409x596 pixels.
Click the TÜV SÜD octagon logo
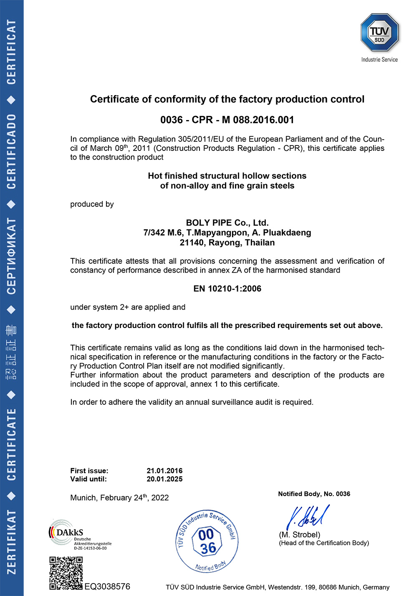(379, 33)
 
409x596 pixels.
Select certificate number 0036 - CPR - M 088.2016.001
(227, 120)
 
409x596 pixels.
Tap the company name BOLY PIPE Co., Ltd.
(227, 223)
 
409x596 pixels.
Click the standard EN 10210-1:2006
(227, 289)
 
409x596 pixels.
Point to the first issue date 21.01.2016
(164, 471)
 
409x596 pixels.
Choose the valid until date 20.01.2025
(164, 479)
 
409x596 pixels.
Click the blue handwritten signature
(308, 517)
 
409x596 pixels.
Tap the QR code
(66, 573)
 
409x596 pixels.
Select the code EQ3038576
(107, 586)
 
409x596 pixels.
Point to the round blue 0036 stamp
(207, 541)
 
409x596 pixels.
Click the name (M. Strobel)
(300, 535)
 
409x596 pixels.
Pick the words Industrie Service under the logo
(379, 60)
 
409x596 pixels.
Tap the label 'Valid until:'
(88, 479)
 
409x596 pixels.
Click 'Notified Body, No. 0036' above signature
(314, 494)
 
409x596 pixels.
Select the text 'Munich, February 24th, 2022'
(119, 498)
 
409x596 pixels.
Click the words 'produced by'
(92, 204)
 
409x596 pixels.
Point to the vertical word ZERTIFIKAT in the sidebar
(11, 542)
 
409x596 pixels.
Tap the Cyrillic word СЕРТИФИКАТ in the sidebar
(11, 256)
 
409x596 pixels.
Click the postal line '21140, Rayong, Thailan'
(227, 243)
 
